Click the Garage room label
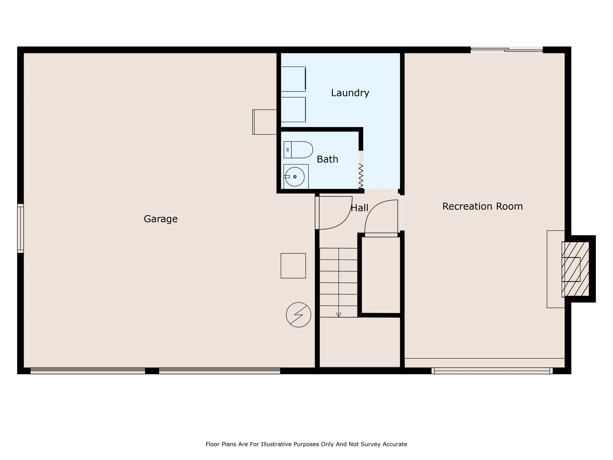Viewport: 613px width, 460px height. tap(161, 219)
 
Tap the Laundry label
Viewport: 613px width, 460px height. tap(350, 93)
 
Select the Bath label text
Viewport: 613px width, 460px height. tap(327, 159)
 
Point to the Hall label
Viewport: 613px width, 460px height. tap(359, 208)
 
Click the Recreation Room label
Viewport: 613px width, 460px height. tap(482, 206)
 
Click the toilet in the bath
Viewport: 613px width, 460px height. tap(298, 150)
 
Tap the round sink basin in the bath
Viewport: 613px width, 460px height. tap(295, 177)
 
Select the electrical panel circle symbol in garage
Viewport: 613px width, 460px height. tap(298, 315)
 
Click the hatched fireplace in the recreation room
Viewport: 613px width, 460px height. tap(575, 269)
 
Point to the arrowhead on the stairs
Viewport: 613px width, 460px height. tap(339, 315)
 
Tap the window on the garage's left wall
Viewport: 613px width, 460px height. tap(20, 228)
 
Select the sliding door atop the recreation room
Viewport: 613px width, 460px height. tap(506, 50)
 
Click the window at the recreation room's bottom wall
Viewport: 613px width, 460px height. tap(492, 371)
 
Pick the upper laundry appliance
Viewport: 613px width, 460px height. tap(293, 79)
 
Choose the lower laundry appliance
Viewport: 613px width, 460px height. tap(293, 110)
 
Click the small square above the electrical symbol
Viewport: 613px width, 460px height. tap(293, 266)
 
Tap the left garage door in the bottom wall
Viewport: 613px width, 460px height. tap(88, 371)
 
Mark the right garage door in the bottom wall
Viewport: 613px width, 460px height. tap(219, 371)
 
